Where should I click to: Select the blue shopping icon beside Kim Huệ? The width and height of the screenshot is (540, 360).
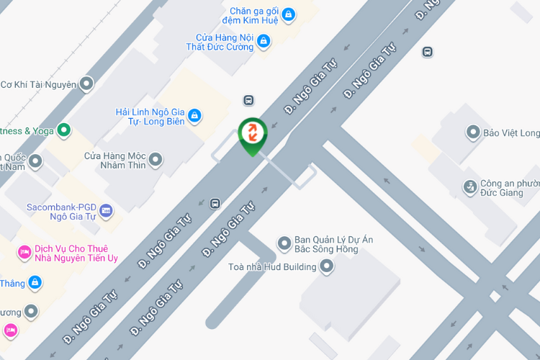[x=288, y=14]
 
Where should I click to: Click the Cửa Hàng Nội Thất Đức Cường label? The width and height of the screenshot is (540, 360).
[x=225, y=42]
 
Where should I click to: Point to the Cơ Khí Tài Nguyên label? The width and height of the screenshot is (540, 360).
[x=38, y=84]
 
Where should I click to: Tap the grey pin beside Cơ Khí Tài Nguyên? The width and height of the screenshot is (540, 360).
[x=86, y=84]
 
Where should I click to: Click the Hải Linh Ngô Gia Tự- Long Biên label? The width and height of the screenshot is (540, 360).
[x=150, y=117]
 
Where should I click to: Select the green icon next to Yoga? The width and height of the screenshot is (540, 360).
[x=64, y=130]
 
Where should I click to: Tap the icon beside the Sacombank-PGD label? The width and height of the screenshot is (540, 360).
[x=107, y=210]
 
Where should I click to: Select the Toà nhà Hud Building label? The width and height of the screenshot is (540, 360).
[x=272, y=267]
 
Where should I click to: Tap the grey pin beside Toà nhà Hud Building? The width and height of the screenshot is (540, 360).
[x=327, y=267]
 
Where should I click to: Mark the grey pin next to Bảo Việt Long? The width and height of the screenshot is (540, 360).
[x=473, y=132]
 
